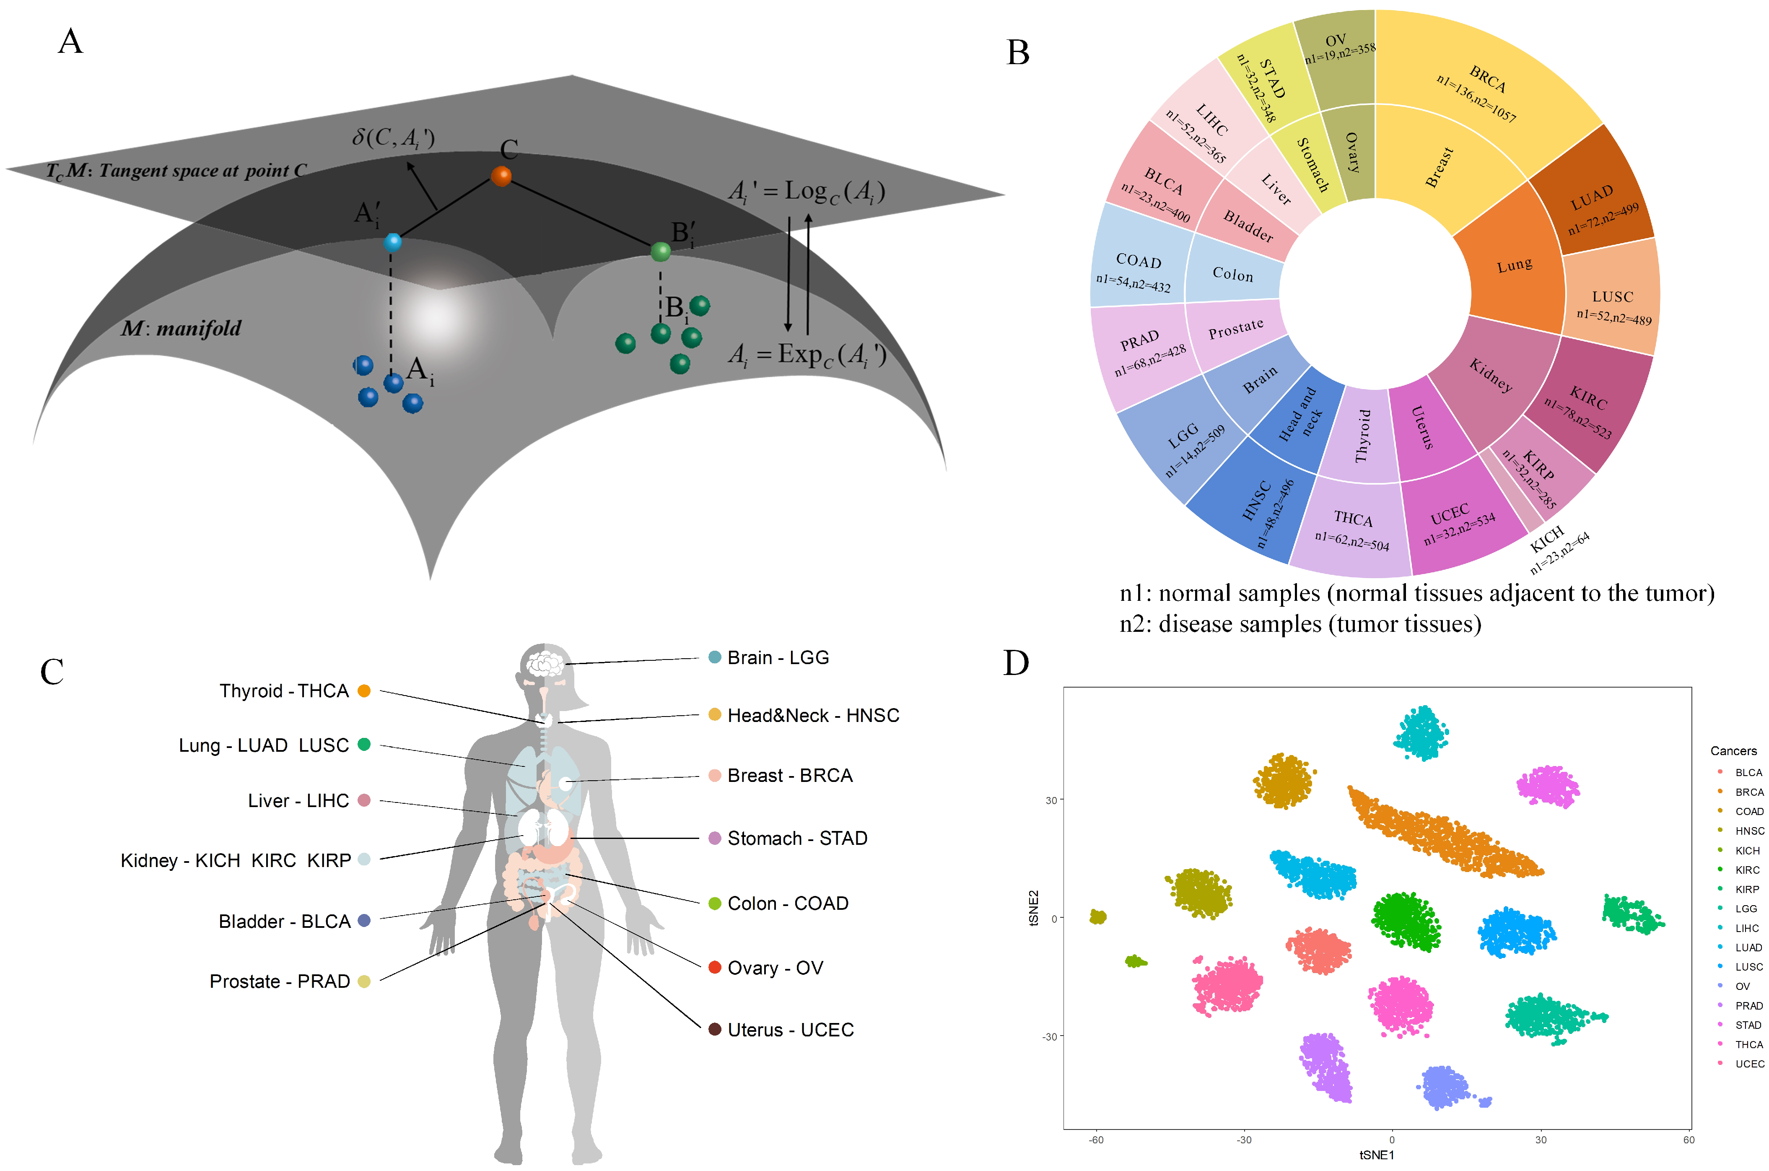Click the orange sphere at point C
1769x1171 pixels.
tap(501, 176)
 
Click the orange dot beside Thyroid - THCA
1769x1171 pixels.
tap(364, 691)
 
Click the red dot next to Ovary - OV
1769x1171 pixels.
tap(714, 968)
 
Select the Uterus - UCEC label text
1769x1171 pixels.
tap(790, 1030)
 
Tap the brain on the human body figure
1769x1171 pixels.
tap(545, 662)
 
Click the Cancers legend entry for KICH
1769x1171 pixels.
tap(1747, 851)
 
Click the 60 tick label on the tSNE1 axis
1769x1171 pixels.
tap(1689, 1140)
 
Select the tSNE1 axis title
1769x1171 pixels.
tap(1376, 1155)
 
